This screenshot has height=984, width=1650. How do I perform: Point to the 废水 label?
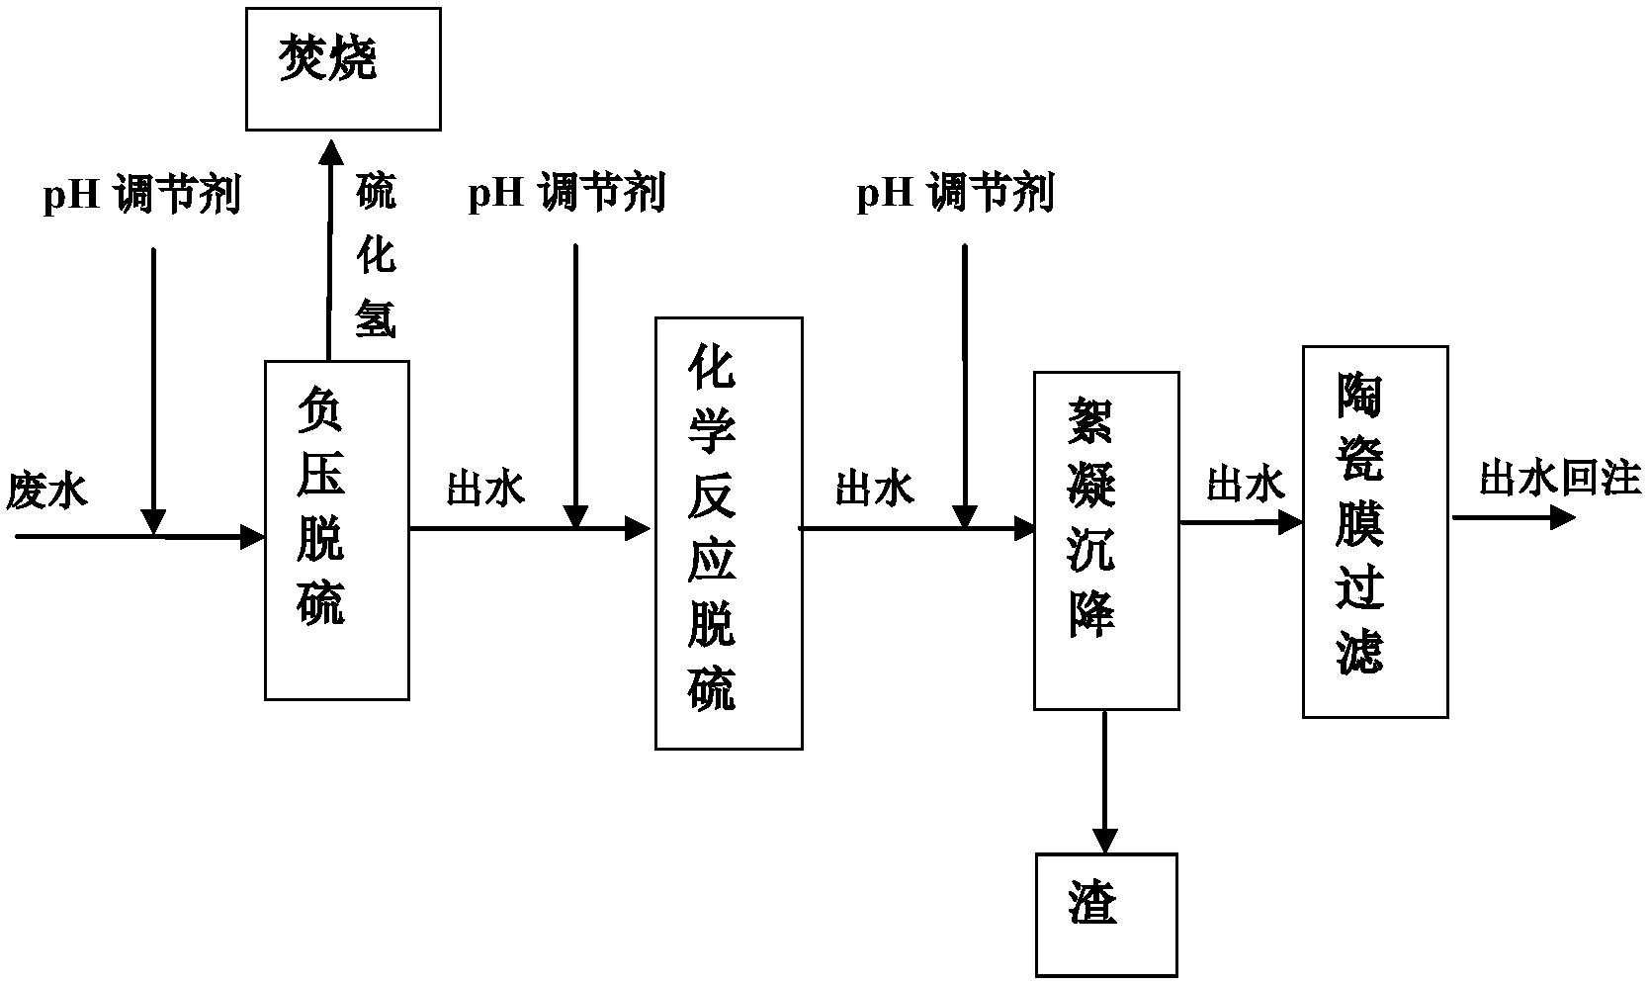pyautogui.click(x=47, y=491)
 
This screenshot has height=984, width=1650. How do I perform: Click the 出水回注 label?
pyautogui.click(x=1560, y=478)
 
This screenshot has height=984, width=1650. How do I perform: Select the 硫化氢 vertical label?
pyautogui.click(x=377, y=255)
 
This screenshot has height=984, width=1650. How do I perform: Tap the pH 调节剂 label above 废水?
pyautogui.click(x=142, y=196)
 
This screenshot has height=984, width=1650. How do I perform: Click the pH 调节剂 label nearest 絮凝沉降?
pyautogui.click(x=955, y=193)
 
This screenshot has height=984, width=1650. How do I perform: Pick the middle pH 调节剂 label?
pyautogui.click(x=566, y=193)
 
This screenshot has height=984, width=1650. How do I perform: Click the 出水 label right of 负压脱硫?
pyautogui.click(x=485, y=488)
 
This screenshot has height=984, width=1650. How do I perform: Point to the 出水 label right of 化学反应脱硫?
pyautogui.click(x=874, y=488)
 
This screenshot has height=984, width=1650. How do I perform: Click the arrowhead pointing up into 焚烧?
pyautogui.click(x=331, y=151)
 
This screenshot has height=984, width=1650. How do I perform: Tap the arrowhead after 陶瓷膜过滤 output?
pyautogui.click(x=1563, y=517)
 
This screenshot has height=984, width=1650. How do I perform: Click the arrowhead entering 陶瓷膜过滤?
pyautogui.click(x=1290, y=522)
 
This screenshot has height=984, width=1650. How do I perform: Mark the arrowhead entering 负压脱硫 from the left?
pyautogui.click(x=252, y=537)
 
